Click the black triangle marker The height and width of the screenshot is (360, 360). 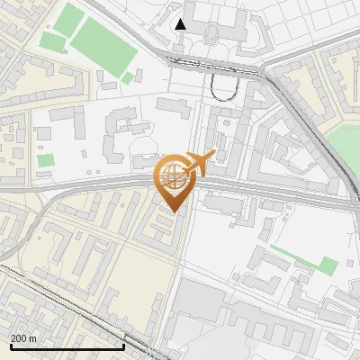point(181,24)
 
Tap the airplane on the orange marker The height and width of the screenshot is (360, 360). point(201,162)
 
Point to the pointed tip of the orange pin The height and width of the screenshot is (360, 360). point(173,212)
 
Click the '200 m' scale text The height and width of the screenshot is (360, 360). point(23,337)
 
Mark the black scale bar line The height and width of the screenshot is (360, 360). point(67,346)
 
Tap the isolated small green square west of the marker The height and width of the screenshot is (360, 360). point(45,160)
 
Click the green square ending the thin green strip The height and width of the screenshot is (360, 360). point(328,265)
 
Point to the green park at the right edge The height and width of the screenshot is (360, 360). point(344,144)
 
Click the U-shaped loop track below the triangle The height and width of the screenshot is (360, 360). point(223,87)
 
